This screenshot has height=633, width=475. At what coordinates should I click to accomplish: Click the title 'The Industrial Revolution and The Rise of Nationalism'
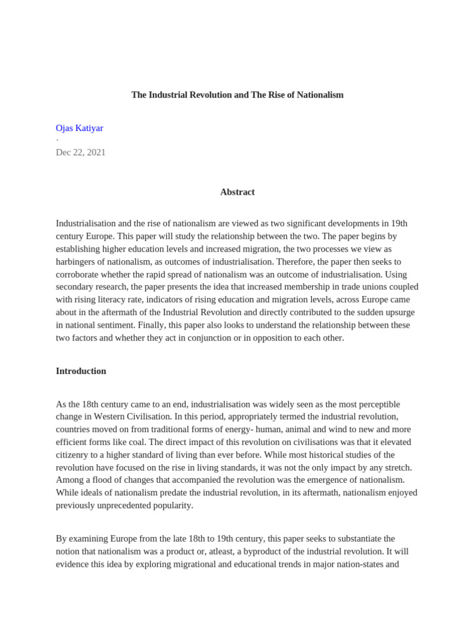coord(237,95)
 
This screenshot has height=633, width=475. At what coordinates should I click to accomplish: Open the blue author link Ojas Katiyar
coord(79,128)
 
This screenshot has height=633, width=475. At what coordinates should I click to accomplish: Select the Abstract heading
coord(237,192)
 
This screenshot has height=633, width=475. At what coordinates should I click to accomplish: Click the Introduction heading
coord(81,371)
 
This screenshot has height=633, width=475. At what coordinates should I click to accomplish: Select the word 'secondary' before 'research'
coord(76,287)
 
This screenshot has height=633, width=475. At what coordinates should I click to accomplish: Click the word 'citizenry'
coord(74,455)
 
